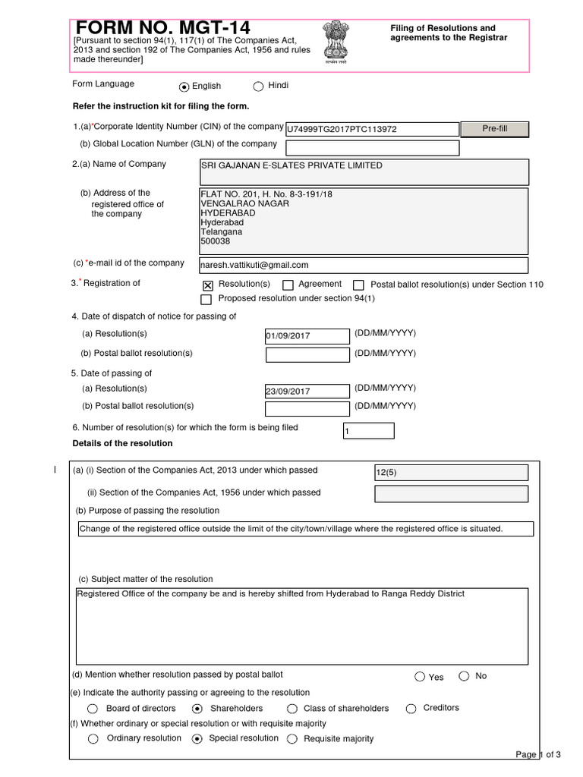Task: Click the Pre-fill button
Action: tap(494, 129)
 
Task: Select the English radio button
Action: tap(184, 87)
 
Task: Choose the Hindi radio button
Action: tap(258, 87)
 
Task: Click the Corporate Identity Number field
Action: tap(371, 129)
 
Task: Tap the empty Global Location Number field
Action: tap(371, 148)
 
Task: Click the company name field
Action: tap(363, 171)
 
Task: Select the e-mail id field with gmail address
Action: tap(363, 265)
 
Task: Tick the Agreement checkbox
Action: tap(288, 285)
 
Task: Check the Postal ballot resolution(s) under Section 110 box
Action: tap(359, 285)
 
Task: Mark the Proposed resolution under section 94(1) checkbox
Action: tap(206, 300)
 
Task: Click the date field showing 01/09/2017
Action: tap(307, 335)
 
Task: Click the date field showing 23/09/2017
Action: tap(307, 391)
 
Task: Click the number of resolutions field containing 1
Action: tap(369, 431)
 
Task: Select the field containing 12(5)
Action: tap(451, 473)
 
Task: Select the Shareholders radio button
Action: tap(197, 709)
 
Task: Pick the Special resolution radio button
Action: tap(197, 738)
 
